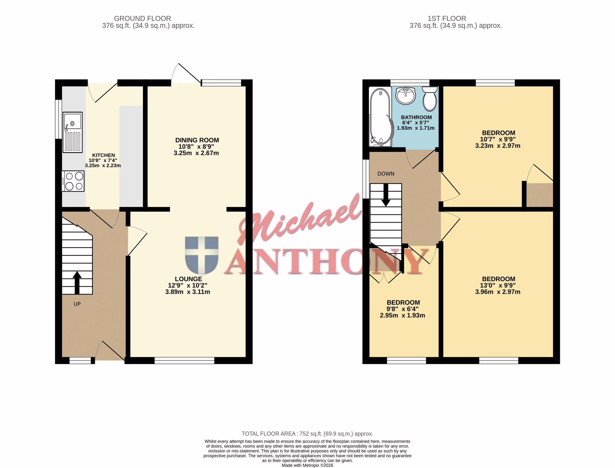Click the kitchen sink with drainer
click(73, 132)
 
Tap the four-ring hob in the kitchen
click(73, 181)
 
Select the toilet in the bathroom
click(430, 99)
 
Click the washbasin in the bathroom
click(406, 96)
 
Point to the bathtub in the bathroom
click(381, 117)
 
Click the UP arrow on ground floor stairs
click(77, 283)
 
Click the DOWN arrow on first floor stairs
click(386, 195)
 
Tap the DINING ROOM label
click(197, 140)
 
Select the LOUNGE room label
click(188, 279)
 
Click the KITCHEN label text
click(104, 155)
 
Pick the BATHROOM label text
click(416, 117)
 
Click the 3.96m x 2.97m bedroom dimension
click(498, 292)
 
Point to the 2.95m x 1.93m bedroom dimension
click(402, 315)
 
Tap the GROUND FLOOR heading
click(142, 18)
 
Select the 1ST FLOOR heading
click(447, 18)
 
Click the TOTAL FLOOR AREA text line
click(307, 434)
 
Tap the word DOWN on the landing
click(386, 174)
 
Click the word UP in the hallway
click(77, 304)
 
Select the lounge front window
click(184, 360)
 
